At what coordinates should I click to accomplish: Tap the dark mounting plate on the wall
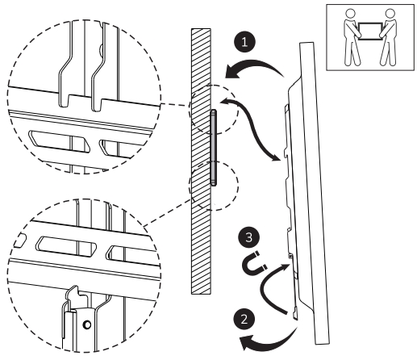pos(213,149)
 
